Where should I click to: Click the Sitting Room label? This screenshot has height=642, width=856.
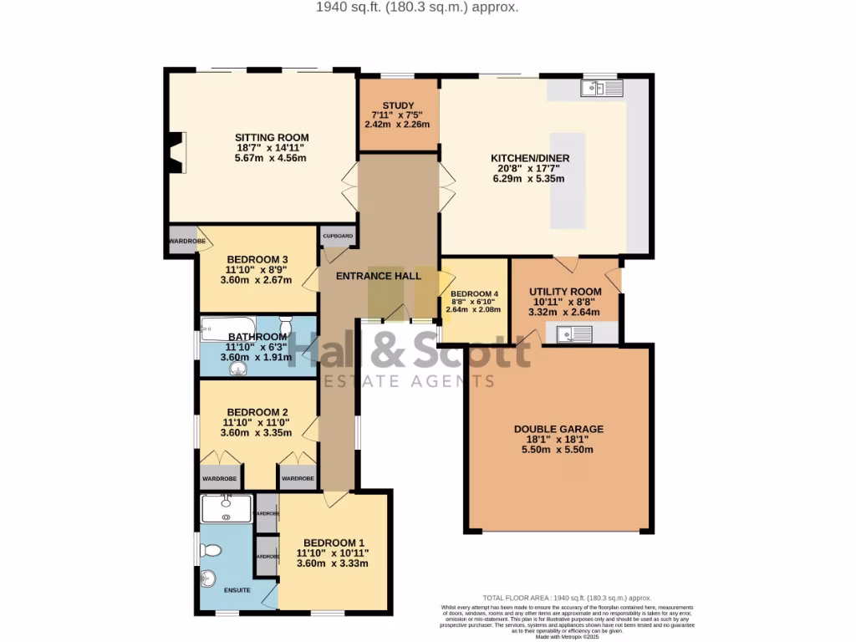click(x=272, y=138)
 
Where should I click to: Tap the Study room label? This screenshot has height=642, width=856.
click(x=398, y=105)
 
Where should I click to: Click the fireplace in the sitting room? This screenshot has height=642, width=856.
click(x=176, y=154)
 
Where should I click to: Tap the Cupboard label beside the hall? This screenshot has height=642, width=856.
click(x=338, y=236)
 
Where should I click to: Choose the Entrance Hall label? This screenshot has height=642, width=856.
click(x=378, y=276)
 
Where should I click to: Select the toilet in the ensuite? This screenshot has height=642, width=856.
click(x=211, y=550)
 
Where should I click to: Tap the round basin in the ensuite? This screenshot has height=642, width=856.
click(x=209, y=578)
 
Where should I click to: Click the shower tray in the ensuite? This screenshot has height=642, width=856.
click(x=226, y=507)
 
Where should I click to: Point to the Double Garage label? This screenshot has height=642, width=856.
click(x=558, y=430)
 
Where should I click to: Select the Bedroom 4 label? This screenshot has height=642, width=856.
click(x=474, y=293)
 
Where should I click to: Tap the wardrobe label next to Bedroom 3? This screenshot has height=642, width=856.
click(x=186, y=242)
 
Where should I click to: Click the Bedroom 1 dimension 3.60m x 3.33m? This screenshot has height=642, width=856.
click(x=333, y=563)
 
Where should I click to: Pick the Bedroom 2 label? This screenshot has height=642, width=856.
click(x=257, y=412)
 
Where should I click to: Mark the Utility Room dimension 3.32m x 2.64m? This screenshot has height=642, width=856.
click(x=565, y=313)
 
